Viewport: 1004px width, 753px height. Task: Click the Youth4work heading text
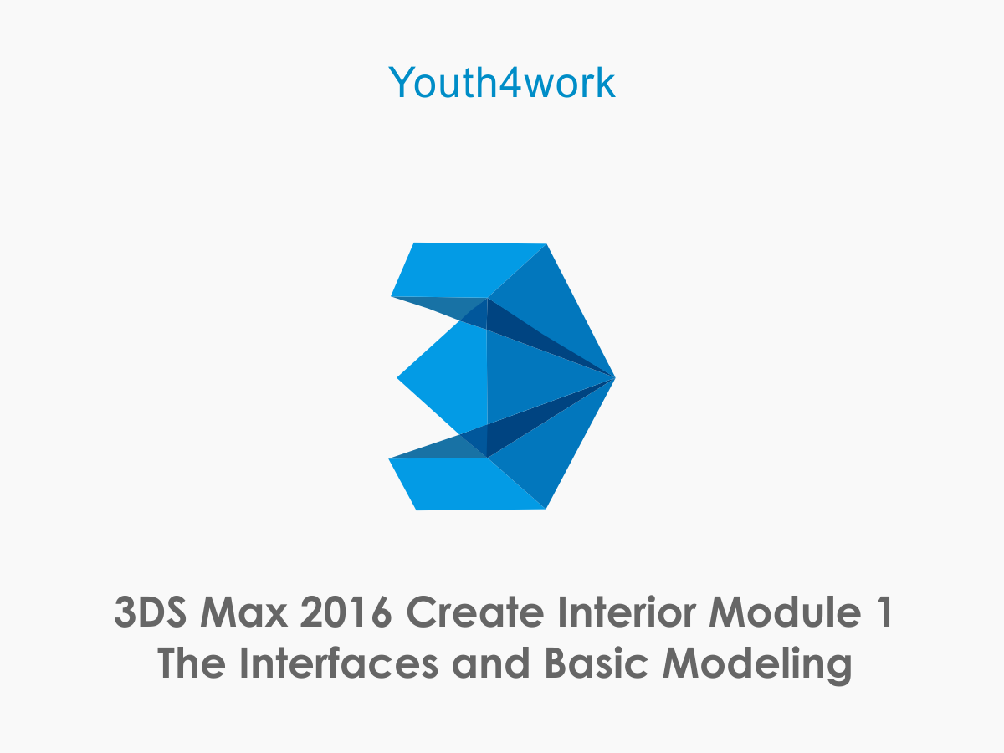(502, 82)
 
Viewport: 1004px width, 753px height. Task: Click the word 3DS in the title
(151, 612)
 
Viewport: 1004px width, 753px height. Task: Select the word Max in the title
(243, 612)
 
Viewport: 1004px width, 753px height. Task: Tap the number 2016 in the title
(346, 612)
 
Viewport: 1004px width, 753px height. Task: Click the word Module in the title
(786, 612)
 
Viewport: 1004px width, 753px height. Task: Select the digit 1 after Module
(884, 612)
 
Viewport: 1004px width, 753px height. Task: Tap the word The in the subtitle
(192, 663)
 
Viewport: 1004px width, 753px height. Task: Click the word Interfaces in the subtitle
(339, 663)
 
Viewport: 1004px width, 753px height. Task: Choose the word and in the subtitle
(491, 663)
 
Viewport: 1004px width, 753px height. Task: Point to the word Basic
(597, 663)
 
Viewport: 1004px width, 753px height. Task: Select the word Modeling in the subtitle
(757, 666)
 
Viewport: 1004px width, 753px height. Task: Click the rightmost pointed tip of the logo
(615, 377)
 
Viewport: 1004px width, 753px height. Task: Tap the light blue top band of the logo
(462, 269)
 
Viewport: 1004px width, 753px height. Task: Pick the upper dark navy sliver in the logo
(535, 338)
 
